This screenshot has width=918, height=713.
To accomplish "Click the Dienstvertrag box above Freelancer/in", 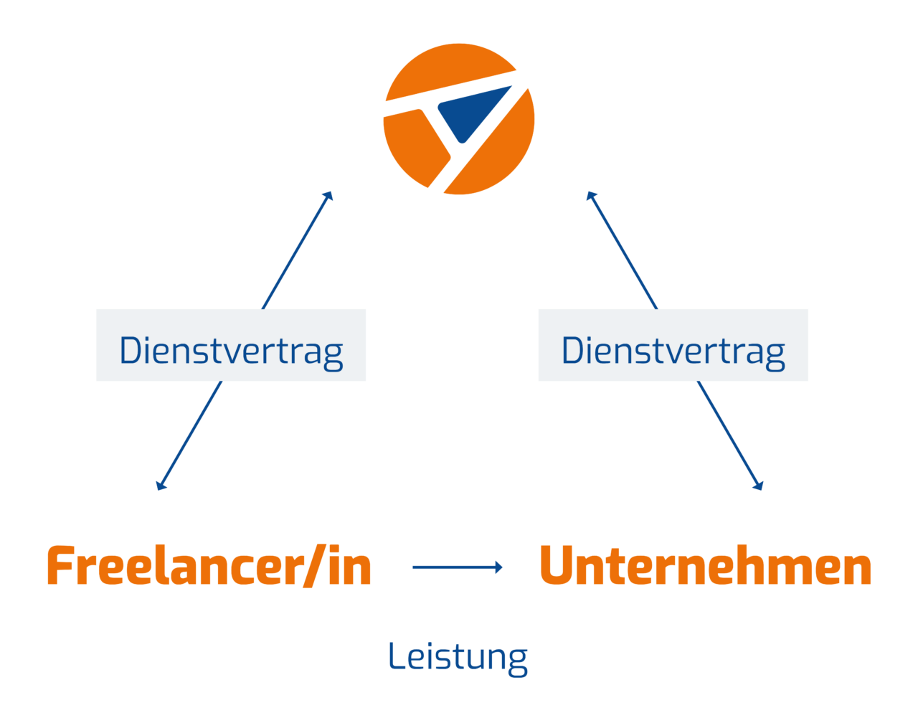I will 231,345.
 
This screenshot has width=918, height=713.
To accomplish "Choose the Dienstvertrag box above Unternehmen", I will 673,345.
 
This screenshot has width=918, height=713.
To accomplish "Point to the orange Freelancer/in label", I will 209,567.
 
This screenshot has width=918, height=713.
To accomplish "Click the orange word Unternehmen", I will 705,567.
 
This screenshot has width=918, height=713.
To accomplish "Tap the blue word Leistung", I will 458,656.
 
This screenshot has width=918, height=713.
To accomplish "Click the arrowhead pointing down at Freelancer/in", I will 160,486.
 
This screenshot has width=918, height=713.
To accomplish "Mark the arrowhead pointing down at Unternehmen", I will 760,486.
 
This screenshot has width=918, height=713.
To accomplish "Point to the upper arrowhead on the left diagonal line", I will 329,194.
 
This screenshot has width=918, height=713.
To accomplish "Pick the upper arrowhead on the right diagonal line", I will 590,194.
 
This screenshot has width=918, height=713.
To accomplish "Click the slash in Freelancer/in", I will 311,567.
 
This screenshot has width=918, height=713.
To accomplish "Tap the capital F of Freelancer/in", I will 61,567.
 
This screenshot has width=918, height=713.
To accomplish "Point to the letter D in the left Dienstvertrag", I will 131,350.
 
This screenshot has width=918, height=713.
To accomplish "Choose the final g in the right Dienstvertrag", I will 775,354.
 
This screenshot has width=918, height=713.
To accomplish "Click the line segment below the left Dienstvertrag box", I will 191,435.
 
